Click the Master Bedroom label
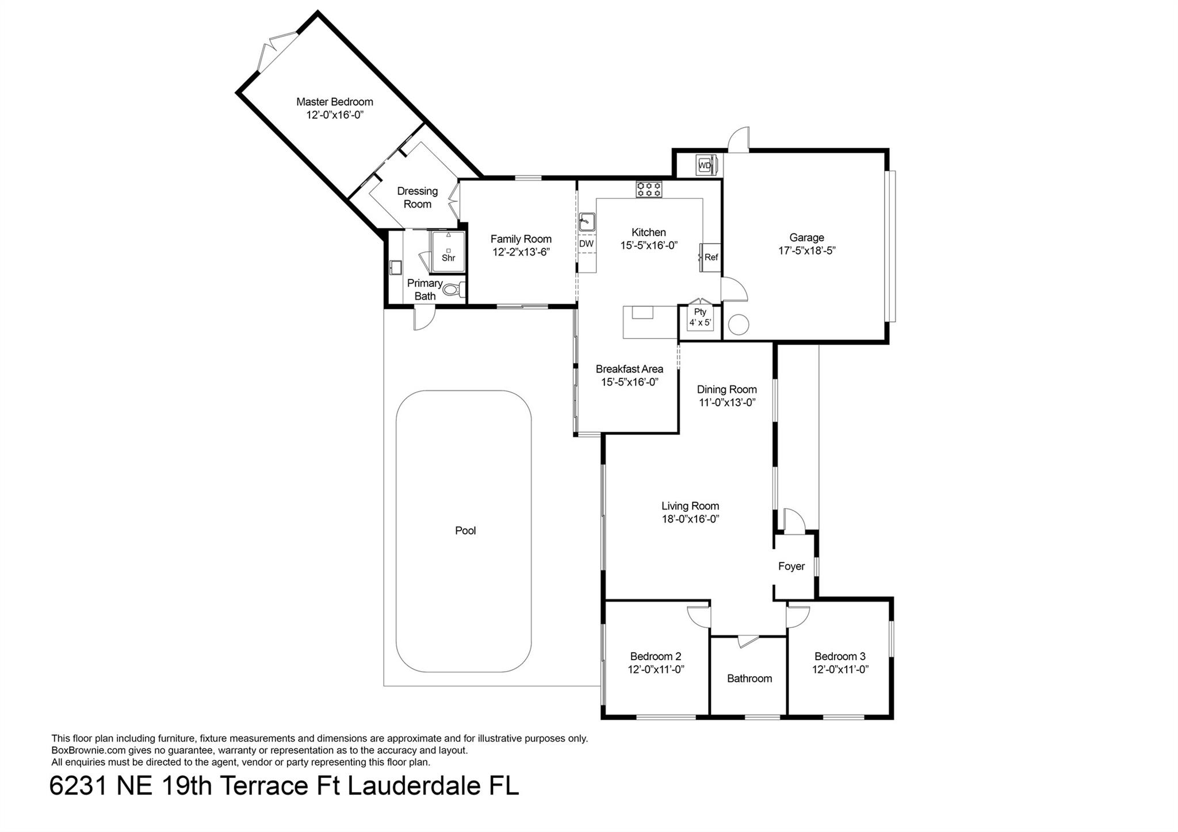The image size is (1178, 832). (334, 102)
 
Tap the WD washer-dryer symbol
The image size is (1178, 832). (705, 166)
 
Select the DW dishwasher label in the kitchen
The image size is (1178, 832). (586, 244)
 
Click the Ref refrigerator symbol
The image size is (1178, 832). (710, 257)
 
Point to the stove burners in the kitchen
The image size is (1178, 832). (649, 189)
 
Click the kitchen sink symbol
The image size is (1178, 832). (587, 221)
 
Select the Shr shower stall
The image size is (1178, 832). (448, 251)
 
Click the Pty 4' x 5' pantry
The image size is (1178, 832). (700, 317)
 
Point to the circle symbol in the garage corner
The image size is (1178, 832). (739, 325)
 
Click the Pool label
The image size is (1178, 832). (465, 531)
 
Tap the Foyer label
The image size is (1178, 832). (791, 566)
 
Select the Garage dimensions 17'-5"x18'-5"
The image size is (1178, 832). (806, 251)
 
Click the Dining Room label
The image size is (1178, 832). (726, 389)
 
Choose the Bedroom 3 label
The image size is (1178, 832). (840, 656)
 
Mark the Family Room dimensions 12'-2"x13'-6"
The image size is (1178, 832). (521, 252)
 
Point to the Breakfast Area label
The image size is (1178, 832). (629, 369)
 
